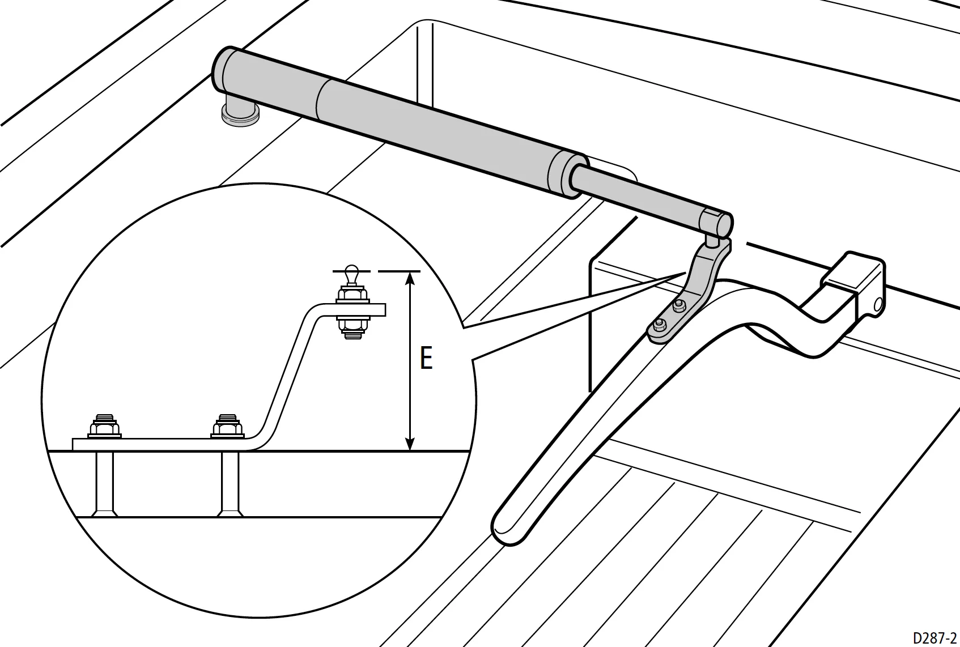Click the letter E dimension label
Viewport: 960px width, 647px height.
click(x=426, y=358)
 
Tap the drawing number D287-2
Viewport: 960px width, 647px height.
click(x=934, y=638)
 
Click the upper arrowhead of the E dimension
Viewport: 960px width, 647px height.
click(x=410, y=279)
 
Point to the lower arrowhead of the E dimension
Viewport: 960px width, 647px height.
click(x=410, y=444)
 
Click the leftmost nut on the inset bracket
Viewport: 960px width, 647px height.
click(x=104, y=427)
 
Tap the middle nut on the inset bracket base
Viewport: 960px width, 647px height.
click(x=227, y=427)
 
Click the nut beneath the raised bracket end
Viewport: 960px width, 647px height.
click(x=352, y=326)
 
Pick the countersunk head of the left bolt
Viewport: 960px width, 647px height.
click(x=105, y=513)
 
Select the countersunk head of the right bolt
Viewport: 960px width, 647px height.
click(x=231, y=513)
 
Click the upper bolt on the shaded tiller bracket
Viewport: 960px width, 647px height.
click(x=678, y=305)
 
